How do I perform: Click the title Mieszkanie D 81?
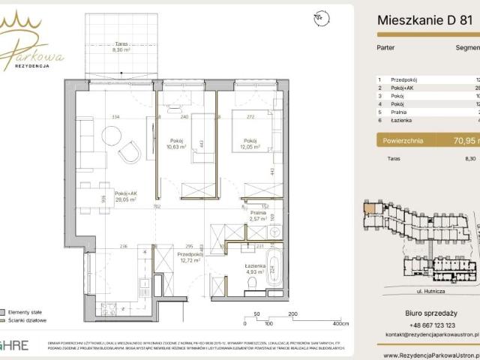[423, 22]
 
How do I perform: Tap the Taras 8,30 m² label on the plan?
[117, 46]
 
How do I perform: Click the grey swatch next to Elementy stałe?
[4, 311]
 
